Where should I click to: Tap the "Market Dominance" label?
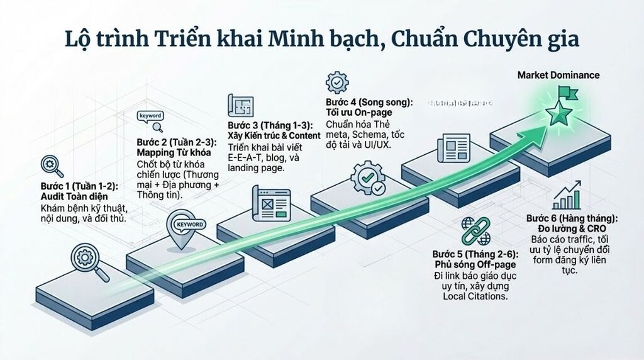pyautogui.click(x=558, y=75)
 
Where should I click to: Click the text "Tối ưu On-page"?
pyautogui.click(x=357, y=112)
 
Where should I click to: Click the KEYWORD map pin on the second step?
pyautogui.click(x=187, y=228)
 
